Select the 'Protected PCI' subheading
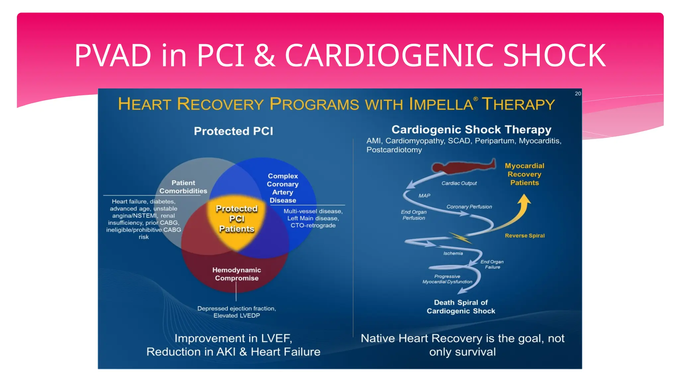click(233, 131)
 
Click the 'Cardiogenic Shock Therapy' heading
click(471, 129)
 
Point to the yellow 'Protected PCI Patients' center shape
click(236, 219)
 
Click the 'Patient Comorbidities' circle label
click(183, 187)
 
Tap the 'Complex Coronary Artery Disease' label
click(283, 188)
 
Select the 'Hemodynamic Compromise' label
click(236, 274)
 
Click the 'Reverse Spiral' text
click(525, 235)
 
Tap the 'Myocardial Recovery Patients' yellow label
click(525, 174)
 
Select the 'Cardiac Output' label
click(459, 183)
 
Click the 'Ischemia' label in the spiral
click(453, 253)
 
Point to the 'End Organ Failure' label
click(492, 264)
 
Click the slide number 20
click(578, 94)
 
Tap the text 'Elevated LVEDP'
click(236, 315)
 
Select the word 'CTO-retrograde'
click(313, 225)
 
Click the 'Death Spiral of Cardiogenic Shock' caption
click(461, 307)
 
